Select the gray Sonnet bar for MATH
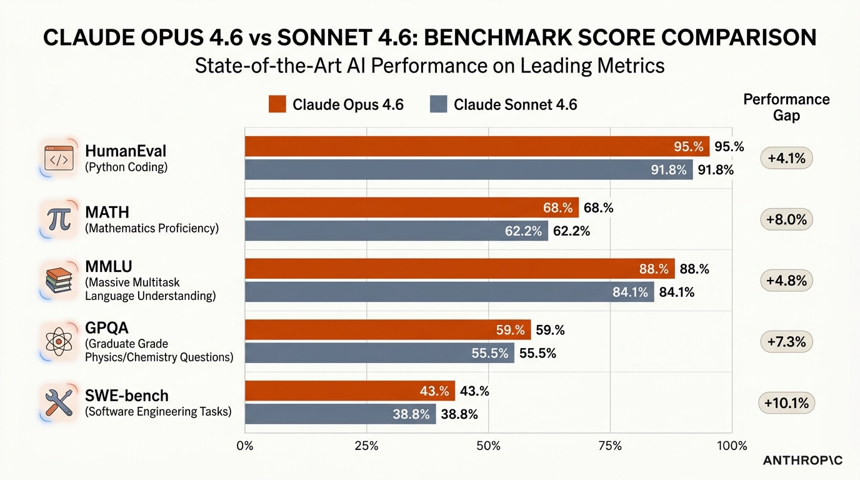(x=396, y=231)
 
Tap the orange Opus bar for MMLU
(x=459, y=269)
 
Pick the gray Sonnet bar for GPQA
(x=379, y=353)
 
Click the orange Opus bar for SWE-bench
(x=350, y=391)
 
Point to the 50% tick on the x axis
(x=488, y=446)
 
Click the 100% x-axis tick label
(x=731, y=446)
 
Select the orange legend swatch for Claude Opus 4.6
(x=277, y=104)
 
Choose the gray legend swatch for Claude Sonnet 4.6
(x=439, y=104)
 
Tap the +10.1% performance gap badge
(x=786, y=403)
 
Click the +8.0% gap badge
(x=786, y=219)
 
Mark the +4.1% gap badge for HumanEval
(x=786, y=158)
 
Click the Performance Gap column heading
(x=786, y=107)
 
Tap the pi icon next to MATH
(x=58, y=219)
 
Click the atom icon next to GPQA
(x=59, y=341)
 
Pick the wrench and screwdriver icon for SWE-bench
(x=59, y=402)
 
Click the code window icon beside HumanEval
(x=59, y=158)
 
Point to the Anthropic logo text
(x=802, y=461)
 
